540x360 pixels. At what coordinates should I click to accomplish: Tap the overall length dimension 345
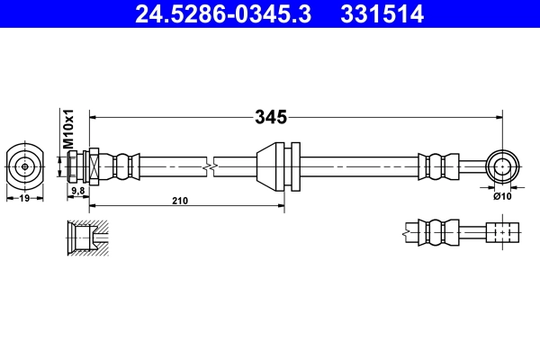click(270, 117)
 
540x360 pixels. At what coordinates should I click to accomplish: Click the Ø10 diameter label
click(502, 194)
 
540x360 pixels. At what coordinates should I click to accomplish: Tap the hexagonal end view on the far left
click(24, 166)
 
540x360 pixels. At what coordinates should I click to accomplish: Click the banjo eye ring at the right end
click(500, 166)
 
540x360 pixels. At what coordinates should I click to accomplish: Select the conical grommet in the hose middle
click(269, 166)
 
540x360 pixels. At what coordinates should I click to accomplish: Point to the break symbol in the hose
click(209, 166)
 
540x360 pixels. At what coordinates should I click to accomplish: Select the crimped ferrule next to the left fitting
click(124, 166)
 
